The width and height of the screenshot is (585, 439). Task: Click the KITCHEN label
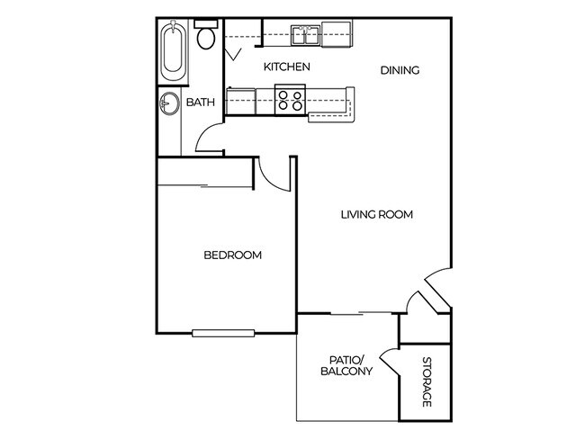[287, 67]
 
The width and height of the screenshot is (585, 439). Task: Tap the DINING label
[400, 70]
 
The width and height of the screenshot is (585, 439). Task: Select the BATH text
[201, 103]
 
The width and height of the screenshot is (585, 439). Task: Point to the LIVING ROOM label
[377, 214]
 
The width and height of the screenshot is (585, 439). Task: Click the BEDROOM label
[232, 255]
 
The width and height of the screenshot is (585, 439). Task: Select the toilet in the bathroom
[206, 36]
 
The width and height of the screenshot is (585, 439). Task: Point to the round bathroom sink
[169, 103]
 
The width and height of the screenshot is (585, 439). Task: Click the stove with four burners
[289, 99]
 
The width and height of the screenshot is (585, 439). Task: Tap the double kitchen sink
[306, 36]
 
